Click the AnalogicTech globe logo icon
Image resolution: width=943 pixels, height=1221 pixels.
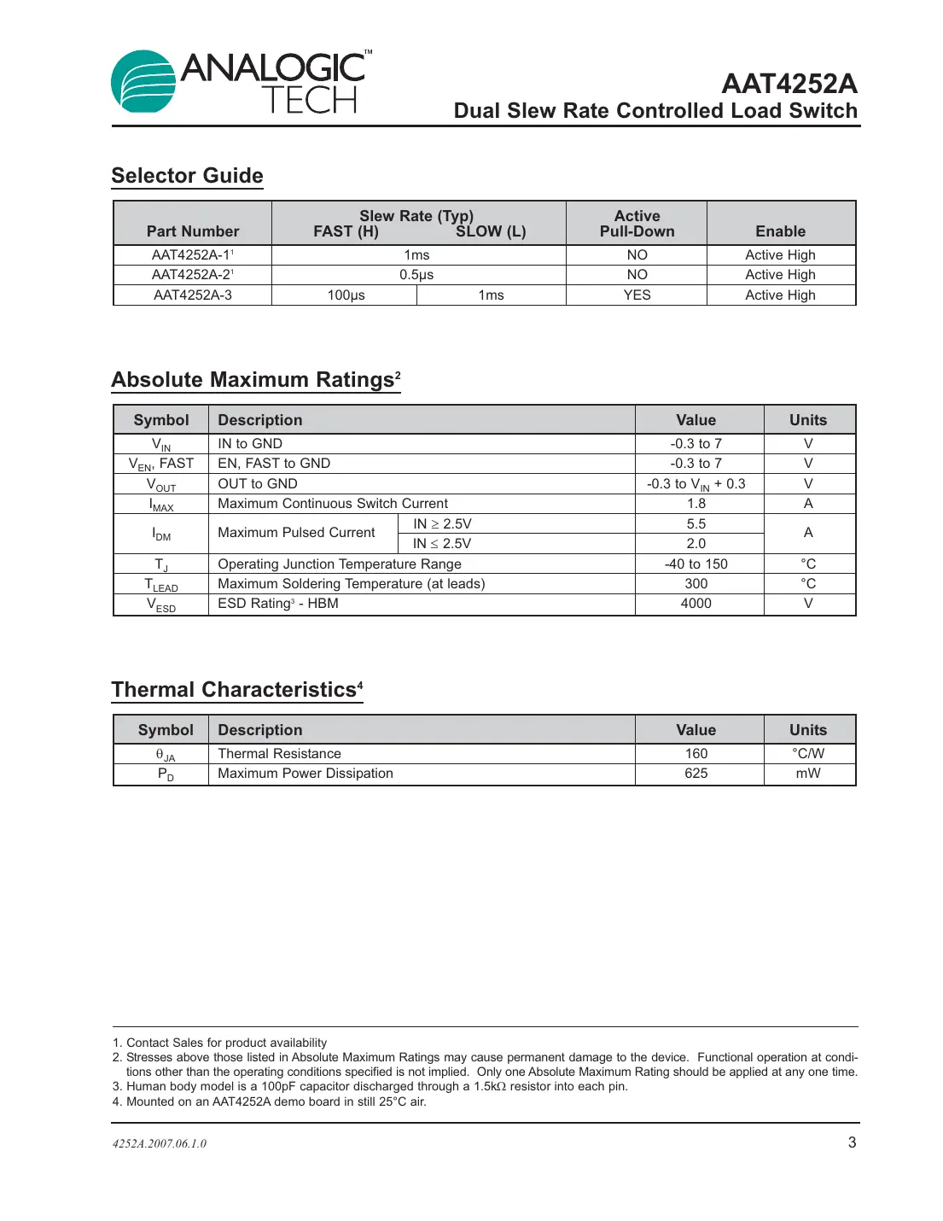point(143,82)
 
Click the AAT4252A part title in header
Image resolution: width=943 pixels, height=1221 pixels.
point(789,84)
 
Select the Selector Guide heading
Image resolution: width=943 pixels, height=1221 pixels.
point(187,176)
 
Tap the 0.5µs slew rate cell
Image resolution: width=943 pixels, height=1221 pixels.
point(416,275)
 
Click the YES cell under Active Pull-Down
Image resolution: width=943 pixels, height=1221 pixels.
point(637,295)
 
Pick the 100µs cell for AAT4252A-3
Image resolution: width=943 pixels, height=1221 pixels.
point(346,295)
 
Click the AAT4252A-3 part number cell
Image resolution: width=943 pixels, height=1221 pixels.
point(192,295)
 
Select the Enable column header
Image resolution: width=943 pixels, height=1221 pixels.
point(780,231)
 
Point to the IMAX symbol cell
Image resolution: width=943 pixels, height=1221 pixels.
point(161,505)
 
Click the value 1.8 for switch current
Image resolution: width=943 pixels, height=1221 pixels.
point(696,504)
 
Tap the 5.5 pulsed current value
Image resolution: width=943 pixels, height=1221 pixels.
point(696,524)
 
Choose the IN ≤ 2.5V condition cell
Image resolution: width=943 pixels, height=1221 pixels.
point(442,544)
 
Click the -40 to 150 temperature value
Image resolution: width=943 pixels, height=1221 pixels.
point(696,564)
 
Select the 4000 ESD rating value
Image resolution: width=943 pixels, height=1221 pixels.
point(696,604)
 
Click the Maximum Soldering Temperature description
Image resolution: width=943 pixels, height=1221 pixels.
point(351,584)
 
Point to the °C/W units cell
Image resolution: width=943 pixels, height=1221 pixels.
point(808,754)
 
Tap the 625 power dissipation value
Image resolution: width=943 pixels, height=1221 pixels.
point(696,774)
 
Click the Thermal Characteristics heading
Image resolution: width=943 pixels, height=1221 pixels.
point(236,690)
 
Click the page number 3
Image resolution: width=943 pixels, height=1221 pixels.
point(852,1142)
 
